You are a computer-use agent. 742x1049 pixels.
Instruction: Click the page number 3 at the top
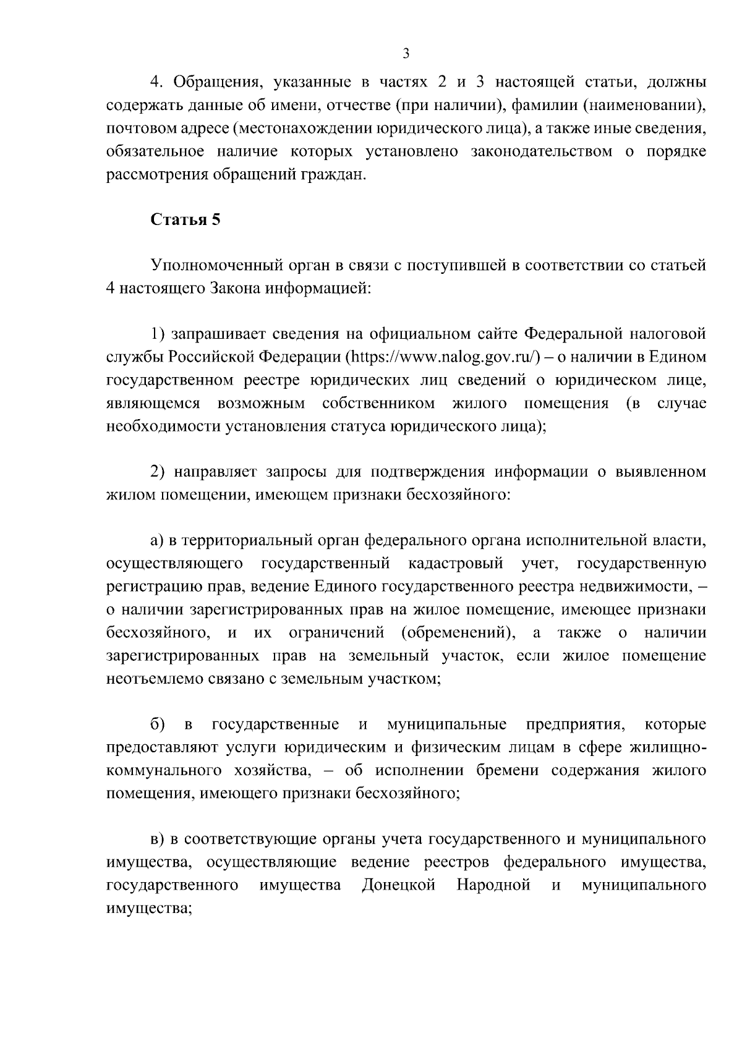406,54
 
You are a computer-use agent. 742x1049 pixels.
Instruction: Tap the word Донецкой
399,885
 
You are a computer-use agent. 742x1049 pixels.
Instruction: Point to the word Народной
494,885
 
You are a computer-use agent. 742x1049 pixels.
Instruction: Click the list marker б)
156,724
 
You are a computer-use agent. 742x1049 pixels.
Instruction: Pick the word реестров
456,862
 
